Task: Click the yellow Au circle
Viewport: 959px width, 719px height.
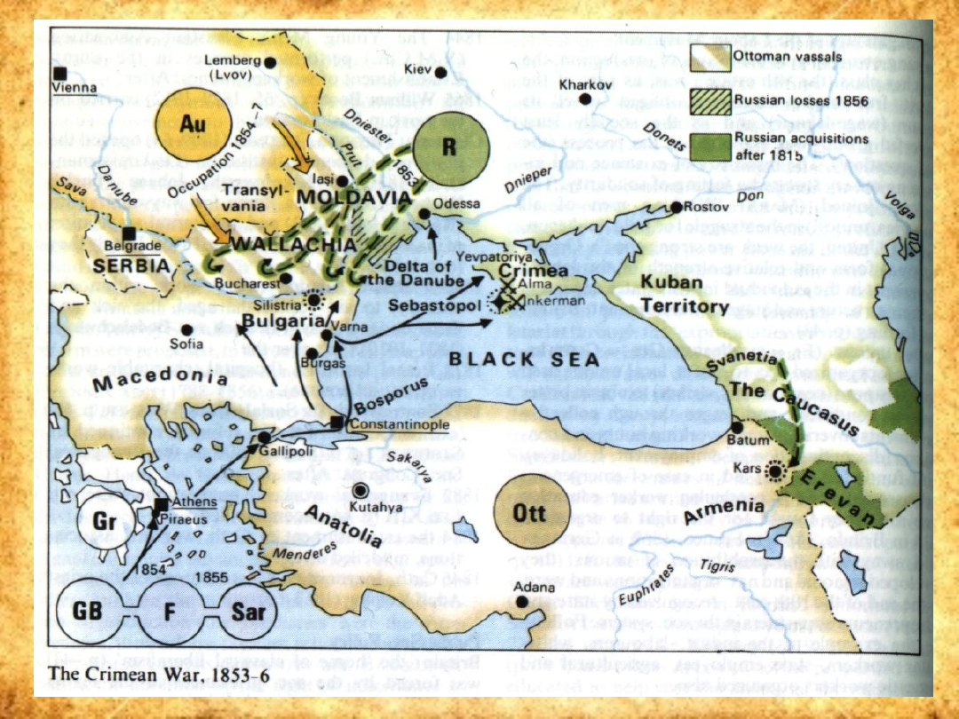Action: click(x=187, y=126)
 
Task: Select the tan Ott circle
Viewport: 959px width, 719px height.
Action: click(x=529, y=513)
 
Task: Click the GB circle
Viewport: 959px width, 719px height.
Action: click(x=89, y=612)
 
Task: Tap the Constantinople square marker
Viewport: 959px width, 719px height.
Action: click(x=337, y=424)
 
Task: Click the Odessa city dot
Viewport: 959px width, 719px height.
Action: click(x=425, y=214)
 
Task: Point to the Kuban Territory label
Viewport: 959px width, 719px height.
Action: click(x=685, y=295)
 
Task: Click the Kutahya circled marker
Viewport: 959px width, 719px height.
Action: click(x=360, y=491)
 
